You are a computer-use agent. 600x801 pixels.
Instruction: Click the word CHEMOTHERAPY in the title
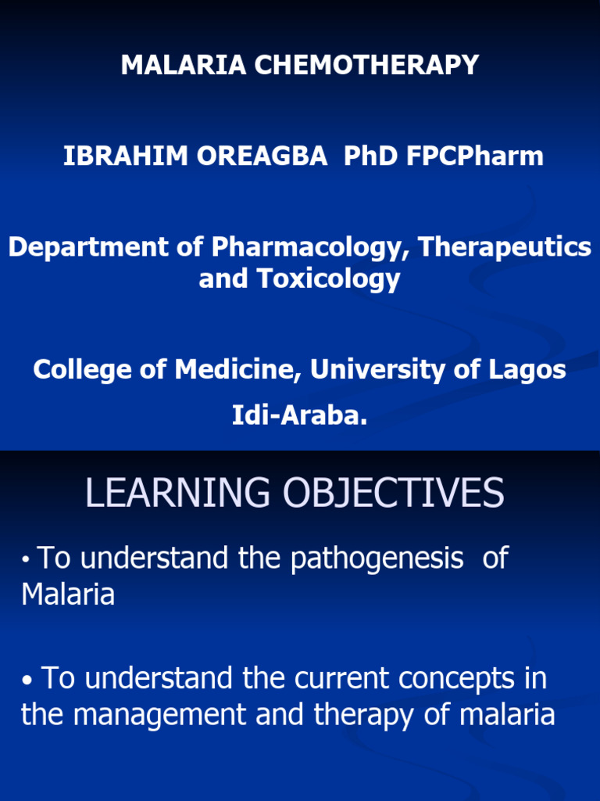point(366,66)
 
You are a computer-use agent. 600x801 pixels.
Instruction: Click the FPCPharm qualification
point(475,156)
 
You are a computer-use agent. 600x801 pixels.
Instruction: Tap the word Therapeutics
point(505,247)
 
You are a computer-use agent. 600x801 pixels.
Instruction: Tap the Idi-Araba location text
point(299,415)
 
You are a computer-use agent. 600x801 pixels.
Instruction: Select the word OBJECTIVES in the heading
point(394,494)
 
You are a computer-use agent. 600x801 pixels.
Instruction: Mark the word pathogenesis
point(377,559)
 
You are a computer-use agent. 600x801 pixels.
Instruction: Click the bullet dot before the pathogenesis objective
point(27,560)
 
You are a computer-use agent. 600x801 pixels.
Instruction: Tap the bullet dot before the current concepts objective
point(28,681)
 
